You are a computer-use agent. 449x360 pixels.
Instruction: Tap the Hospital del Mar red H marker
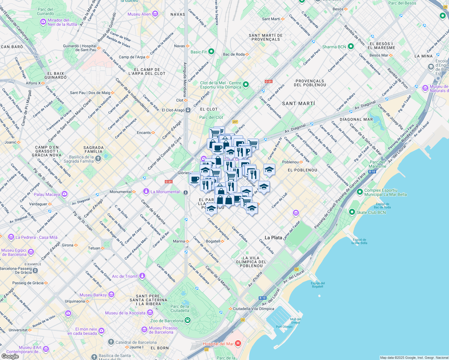point(238,343)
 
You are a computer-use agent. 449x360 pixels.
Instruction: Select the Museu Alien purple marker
point(155,14)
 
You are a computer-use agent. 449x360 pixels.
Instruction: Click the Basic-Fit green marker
point(211,52)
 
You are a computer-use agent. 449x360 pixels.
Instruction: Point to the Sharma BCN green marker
point(351,46)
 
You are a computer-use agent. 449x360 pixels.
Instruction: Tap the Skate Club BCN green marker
point(352,212)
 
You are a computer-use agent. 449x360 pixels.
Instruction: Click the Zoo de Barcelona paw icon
point(188,320)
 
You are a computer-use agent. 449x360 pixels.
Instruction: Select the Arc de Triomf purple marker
point(142,276)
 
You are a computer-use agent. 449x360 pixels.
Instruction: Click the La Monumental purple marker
point(146,191)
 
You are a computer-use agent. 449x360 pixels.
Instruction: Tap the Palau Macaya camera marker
point(64,194)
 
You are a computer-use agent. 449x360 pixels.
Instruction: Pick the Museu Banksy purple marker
point(111,295)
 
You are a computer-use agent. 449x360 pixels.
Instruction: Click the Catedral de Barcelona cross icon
point(111,342)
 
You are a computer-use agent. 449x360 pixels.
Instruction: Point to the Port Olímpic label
point(284,327)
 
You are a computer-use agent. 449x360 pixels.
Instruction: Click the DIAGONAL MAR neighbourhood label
point(356,119)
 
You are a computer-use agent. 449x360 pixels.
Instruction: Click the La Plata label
point(273,238)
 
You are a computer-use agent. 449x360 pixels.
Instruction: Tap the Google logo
point(10,356)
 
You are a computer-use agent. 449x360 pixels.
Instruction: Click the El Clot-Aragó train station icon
point(188,110)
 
